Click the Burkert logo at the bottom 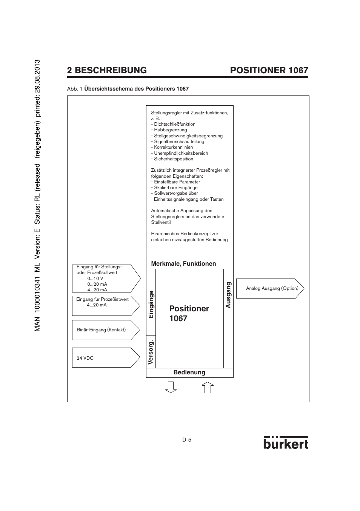coord(286,443)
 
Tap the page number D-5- coord(188,440)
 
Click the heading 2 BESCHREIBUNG coord(107,70)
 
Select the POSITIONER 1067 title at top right coord(269,70)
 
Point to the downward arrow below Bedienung coord(171,387)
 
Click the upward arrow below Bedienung coord(208,388)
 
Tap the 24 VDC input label coord(85,358)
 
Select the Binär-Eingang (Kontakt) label coord(101,330)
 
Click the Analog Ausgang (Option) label coord(272,288)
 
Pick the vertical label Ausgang coord(228,295)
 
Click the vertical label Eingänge coord(151,304)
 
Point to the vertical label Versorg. coord(151,352)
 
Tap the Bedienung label coord(189,372)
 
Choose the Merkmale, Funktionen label coord(183,264)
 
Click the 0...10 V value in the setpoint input coord(95,279)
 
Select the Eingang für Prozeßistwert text coord(102,299)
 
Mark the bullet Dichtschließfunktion coord(174,124)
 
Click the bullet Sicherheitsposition coord(173,159)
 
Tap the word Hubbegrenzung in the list coord(170,130)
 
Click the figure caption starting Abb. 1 coord(128,89)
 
